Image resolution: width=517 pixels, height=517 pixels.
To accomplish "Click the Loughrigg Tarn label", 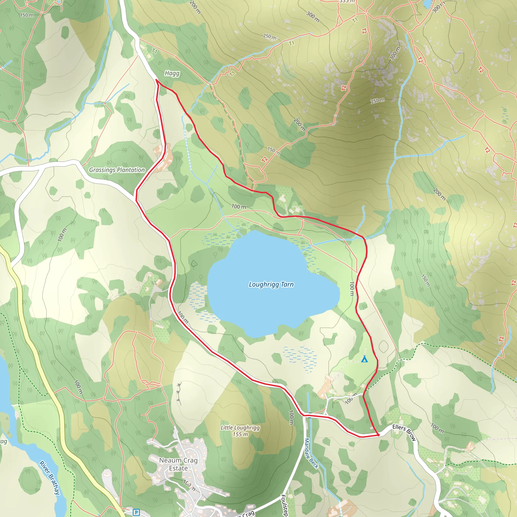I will click(x=271, y=285).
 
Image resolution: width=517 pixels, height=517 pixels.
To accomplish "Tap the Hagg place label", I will click(x=172, y=73).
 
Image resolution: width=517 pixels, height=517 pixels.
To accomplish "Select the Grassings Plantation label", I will click(x=117, y=170).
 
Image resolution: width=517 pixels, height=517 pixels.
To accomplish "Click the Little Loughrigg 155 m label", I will click(x=240, y=431).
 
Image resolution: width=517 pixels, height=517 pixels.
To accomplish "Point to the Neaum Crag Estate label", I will click(x=178, y=464).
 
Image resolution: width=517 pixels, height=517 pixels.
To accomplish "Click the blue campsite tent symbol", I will click(x=364, y=359).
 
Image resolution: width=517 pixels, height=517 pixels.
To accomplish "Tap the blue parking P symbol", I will click(x=136, y=512).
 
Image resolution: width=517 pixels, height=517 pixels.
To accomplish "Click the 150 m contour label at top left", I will click(x=27, y=15).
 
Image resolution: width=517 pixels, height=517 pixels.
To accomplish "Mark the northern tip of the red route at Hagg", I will click(x=156, y=80).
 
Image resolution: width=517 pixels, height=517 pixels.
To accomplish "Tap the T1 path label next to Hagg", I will click(x=155, y=51).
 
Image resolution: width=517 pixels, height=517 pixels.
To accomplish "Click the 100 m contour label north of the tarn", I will click(x=239, y=206).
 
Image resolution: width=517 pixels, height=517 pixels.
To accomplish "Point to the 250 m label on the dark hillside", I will click(x=378, y=101).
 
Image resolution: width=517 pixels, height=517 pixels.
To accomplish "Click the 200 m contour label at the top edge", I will click(x=195, y=7).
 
